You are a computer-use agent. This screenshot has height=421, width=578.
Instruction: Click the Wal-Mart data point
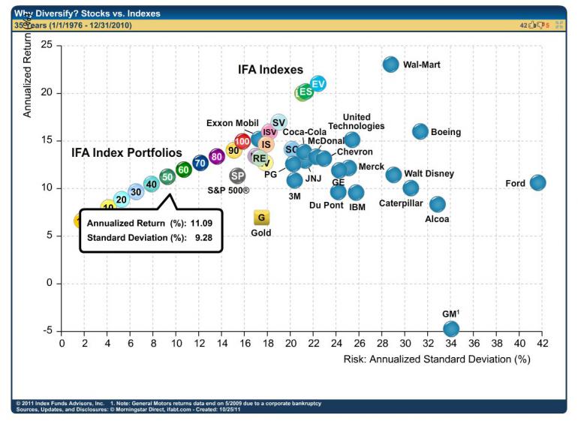pyautogui.click(x=391, y=65)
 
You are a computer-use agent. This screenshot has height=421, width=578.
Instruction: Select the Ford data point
pyautogui.click(x=537, y=183)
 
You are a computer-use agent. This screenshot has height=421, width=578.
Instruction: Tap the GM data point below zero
pyautogui.click(x=451, y=329)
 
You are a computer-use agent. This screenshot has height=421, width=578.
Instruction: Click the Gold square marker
pyautogui.click(x=261, y=218)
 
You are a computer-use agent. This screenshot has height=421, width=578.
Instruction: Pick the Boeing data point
pyautogui.click(x=420, y=132)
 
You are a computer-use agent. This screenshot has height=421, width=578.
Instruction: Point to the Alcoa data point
pyautogui.click(x=438, y=204)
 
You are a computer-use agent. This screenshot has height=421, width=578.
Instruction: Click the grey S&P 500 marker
pyautogui.click(x=237, y=176)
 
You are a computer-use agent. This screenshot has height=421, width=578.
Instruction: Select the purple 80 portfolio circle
pyautogui.click(x=217, y=156)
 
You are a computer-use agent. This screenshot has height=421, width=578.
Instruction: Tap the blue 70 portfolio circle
pyautogui.click(x=200, y=162)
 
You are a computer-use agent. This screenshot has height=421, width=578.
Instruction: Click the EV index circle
pyautogui.click(x=318, y=83)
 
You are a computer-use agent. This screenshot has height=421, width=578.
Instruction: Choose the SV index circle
pyautogui.click(x=278, y=122)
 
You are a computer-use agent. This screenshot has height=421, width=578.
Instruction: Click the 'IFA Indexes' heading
pyautogui.click(x=270, y=70)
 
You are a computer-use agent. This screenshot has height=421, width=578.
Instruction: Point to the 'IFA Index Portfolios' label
pyautogui.click(x=127, y=152)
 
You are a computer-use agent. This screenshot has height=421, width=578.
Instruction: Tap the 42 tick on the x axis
pyautogui.click(x=543, y=344)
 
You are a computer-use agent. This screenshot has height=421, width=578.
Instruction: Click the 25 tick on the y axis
pyautogui.click(x=47, y=46)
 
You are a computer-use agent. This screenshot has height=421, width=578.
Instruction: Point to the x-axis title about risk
pyautogui.click(x=437, y=359)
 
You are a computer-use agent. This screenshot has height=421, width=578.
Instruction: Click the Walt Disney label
pyautogui.click(x=429, y=174)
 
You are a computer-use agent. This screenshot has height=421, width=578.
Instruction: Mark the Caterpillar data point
pyautogui.click(x=411, y=188)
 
